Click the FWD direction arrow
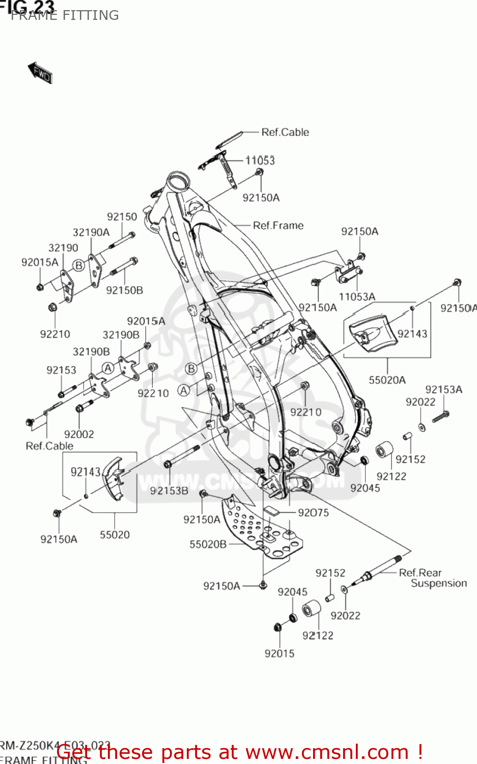click(40, 73)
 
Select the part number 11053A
click(357, 296)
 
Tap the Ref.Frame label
click(278, 225)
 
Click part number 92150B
click(124, 290)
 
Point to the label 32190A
click(91, 232)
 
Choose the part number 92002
click(79, 434)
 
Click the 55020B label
click(208, 544)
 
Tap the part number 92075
click(313, 512)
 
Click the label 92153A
click(443, 389)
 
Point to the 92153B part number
click(169, 490)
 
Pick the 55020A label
click(387, 379)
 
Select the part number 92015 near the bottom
click(279, 653)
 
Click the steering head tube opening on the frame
click(179, 180)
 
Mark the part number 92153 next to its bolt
click(61, 370)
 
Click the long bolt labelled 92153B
click(183, 456)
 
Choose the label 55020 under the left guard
click(115, 534)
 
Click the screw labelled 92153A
click(440, 417)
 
